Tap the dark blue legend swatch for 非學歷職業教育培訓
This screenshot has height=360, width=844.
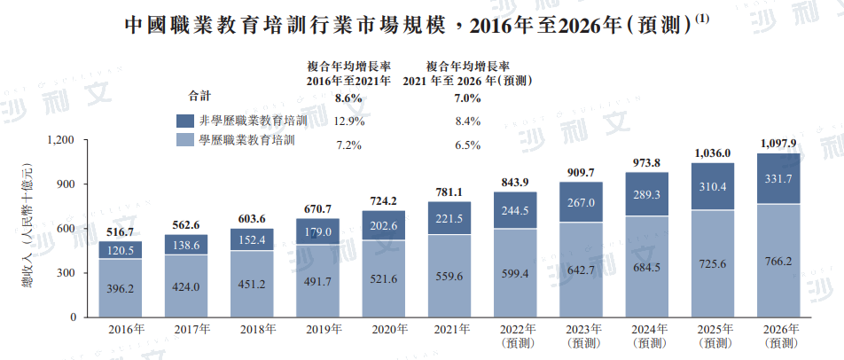coord(185,121)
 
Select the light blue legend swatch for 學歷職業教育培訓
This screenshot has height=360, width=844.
coord(185,141)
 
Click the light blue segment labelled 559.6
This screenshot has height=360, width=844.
coord(449,275)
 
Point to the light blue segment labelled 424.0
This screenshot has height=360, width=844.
coord(185,286)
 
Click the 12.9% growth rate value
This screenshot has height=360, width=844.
coord(348,121)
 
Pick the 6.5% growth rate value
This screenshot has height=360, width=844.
coord(466,145)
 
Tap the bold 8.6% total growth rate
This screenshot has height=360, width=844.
coord(348,98)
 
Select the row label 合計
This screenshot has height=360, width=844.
coord(199,96)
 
